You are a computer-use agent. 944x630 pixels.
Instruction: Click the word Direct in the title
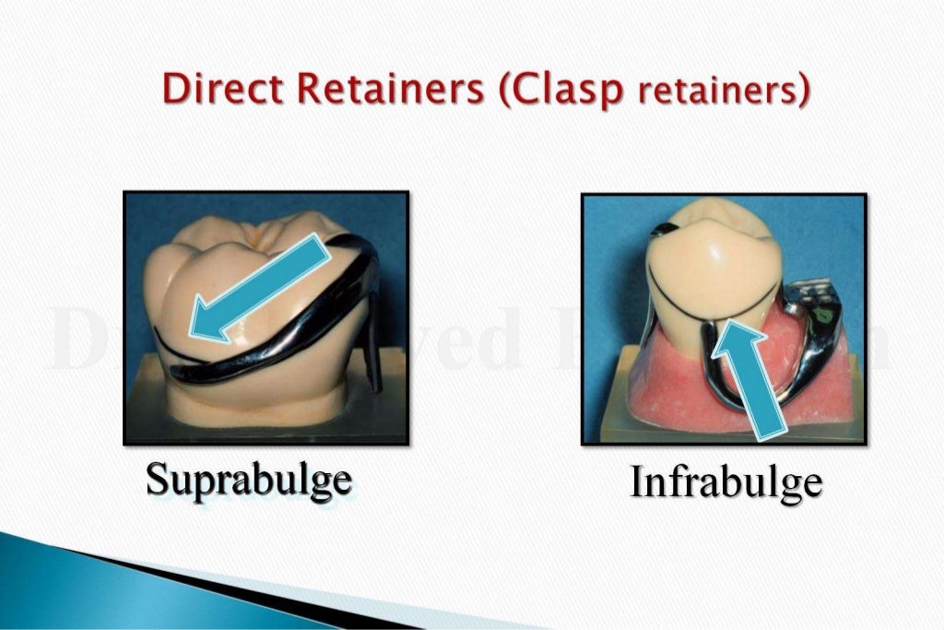click(215, 89)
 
